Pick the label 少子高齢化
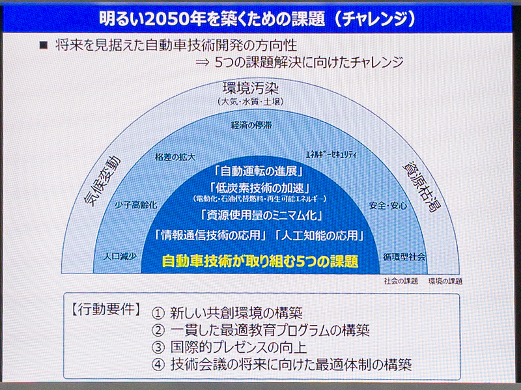click(135, 204)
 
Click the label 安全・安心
click(388, 206)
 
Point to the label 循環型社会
click(404, 257)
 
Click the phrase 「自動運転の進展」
click(260, 172)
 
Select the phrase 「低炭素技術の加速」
click(260, 188)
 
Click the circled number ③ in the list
click(158, 347)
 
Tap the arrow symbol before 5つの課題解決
click(201, 63)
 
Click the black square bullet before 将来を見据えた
click(44, 45)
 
